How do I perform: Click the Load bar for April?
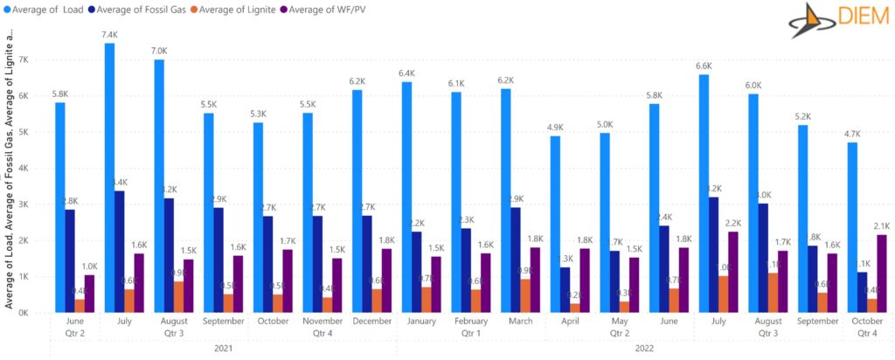pos(555,224)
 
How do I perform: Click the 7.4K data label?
pos(109,35)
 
